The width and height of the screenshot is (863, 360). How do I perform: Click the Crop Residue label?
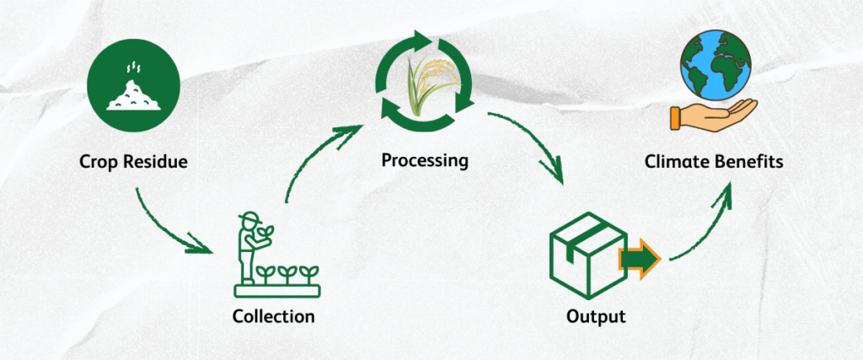134,161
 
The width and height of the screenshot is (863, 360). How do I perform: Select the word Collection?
274,317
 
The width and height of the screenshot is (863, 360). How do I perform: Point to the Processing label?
424,159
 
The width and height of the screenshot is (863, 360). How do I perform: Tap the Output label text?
597,317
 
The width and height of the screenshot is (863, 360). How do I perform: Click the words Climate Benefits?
714,161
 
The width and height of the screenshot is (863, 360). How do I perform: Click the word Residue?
157,161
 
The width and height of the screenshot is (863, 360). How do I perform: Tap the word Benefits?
748,161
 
